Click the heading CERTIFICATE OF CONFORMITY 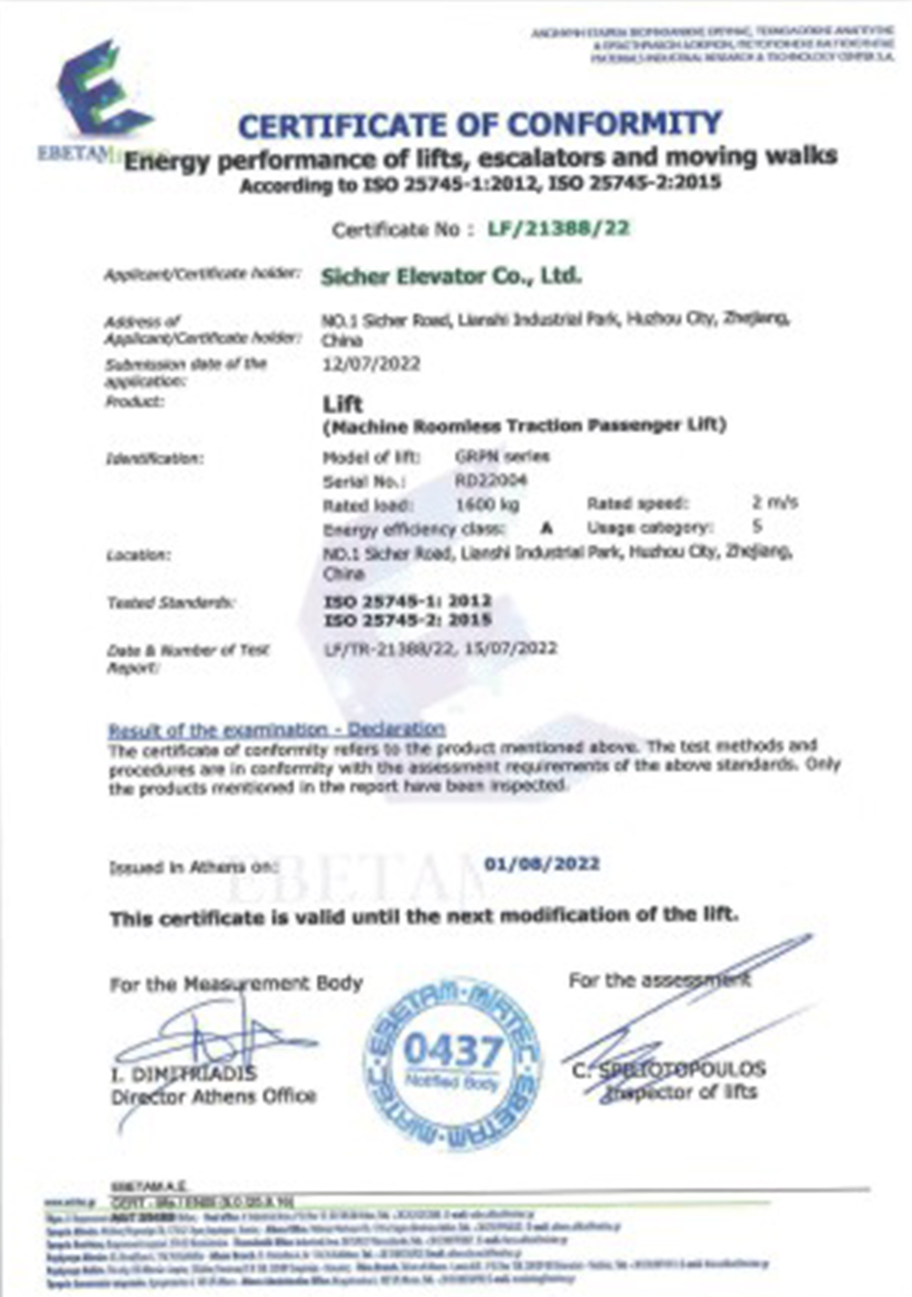tap(479, 124)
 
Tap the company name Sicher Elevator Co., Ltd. tap(451, 276)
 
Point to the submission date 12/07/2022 tap(371, 363)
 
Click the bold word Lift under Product tap(343, 404)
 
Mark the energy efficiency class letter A tap(547, 528)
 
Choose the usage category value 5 tap(756, 527)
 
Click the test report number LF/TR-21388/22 tap(388, 648)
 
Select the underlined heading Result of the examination tap(276, 730)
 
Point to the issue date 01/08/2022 tap(542, 863)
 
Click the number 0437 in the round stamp tap(452, 1051)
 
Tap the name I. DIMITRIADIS tap(184, 1073)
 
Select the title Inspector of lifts tap(681, 1091)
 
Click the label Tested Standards tap(171, 602)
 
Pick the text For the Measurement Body tap(236, 984)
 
